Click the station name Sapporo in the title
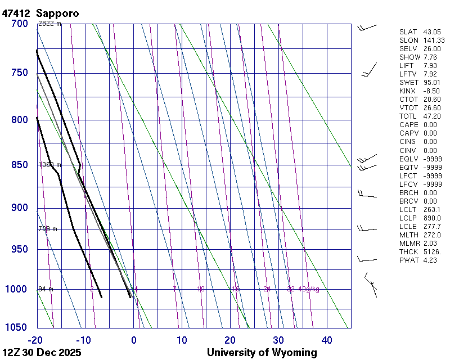57,12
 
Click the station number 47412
16,12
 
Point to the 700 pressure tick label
19,24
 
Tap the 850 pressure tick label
19,165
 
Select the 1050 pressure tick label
16,328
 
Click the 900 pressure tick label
19,208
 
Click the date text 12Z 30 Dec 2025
42,353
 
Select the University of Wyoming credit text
262,353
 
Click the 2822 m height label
49,24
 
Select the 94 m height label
46,289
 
